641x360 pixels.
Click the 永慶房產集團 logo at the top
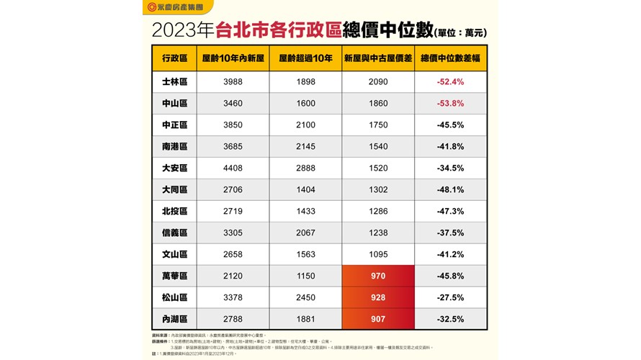(174, 7)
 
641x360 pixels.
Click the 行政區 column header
(174, 58)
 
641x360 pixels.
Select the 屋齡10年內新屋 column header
(233, 58)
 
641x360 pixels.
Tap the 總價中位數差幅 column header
(450, 58)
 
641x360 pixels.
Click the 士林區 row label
(174, 82)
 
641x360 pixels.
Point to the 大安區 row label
(174, 168)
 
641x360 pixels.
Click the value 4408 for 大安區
(233, 168)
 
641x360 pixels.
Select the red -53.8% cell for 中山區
(450, 104)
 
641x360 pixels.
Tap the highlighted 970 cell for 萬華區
(378, 276)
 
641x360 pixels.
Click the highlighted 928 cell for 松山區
(378, 297)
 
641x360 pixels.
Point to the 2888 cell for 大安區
(305, 168)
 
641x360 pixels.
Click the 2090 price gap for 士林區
(378, 82)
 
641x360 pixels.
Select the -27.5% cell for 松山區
(450, 297)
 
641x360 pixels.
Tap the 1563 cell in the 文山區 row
(305, 254)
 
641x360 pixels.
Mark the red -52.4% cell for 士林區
(450, 82)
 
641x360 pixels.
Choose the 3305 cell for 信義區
(233, 233)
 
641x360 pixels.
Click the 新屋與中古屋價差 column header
(378, 58)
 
